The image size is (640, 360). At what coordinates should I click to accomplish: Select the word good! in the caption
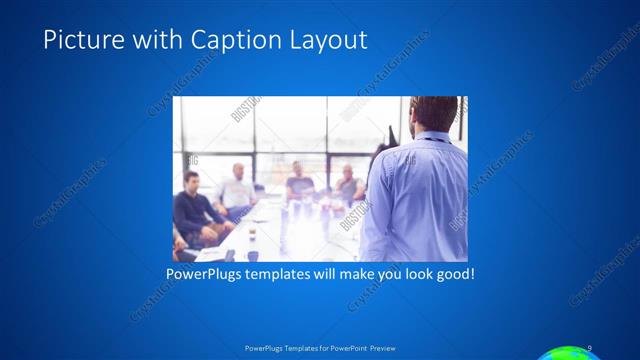pos(452,272)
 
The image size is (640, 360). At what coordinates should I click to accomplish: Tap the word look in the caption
pos(410,272)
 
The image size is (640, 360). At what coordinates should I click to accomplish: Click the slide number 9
pos(590,347)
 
